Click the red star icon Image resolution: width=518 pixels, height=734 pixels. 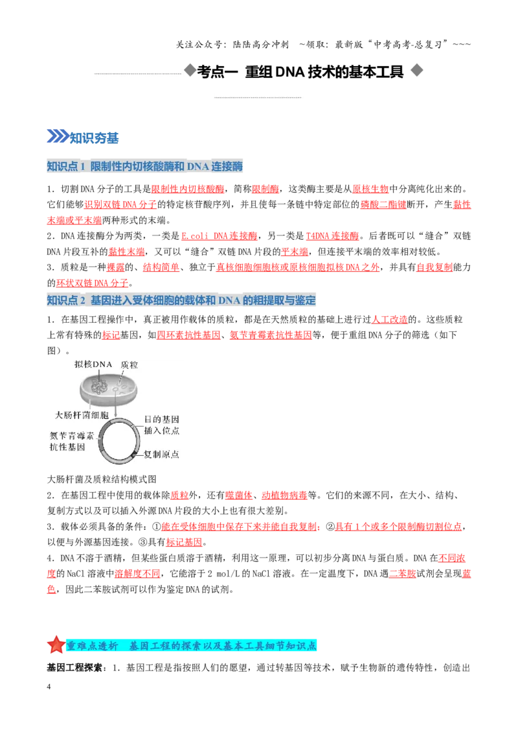(56, 645)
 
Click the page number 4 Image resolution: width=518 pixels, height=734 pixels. (49, 687)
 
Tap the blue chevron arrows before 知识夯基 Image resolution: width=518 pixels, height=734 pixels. (58, 136)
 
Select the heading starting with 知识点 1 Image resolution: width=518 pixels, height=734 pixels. (145, 166)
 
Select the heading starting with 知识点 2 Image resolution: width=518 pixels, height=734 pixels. (181, 300)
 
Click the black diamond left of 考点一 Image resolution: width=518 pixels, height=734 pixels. (190, 71)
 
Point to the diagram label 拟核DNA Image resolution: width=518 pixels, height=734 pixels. (93, 364)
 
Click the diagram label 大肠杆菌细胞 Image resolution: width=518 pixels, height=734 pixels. (82, 415)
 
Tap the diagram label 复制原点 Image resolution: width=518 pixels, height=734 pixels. (161, 454)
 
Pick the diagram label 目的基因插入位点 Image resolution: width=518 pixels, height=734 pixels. (161, 425)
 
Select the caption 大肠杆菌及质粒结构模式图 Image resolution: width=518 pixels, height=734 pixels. (102, 479)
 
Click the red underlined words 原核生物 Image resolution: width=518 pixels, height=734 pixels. (370, 189)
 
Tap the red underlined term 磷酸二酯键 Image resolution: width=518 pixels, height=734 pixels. (383, 204)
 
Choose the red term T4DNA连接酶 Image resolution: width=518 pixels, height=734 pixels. (332, 236)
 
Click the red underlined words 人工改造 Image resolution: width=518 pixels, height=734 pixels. (389, 319)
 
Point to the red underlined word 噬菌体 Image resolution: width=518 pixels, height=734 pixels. (238, 495)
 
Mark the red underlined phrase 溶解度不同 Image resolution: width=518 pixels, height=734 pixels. (137, 573)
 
